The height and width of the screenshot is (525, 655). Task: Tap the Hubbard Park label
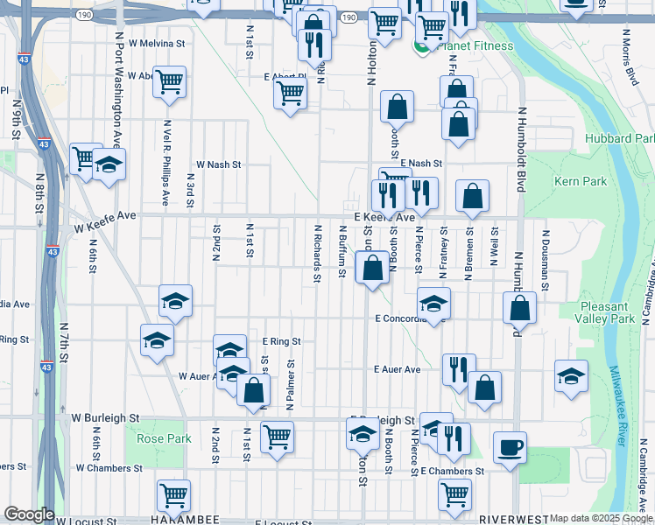click(x=621, y=138)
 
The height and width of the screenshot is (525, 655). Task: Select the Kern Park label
click(x=580, y=181)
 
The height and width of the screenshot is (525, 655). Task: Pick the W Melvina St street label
click(x=157, y=42)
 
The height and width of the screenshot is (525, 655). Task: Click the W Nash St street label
click(x=218, y=164)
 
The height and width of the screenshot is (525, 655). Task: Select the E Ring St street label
click(x=281, y=341)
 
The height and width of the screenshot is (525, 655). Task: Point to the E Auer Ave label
click(x=398, y=370)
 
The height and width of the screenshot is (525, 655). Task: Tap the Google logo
click(x=29, y=514)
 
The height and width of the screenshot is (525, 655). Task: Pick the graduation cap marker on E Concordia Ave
click(x=433, y=304)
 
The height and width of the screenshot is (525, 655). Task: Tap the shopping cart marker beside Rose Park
click(x=277, y=436)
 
